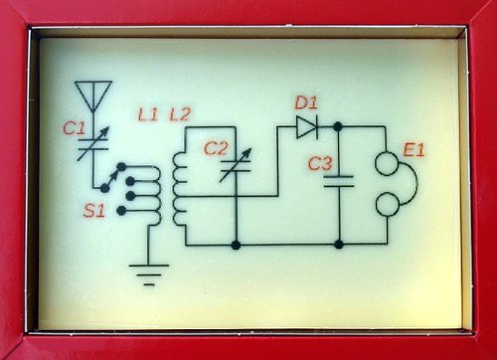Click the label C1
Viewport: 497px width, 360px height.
75,128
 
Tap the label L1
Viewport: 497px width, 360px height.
148,114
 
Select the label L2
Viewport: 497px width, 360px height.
180,114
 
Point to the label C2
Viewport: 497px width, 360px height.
216,148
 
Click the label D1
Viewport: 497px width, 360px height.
306,103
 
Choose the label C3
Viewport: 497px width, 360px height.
320,164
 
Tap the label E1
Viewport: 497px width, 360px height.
414,150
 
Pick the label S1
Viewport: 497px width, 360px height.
94,211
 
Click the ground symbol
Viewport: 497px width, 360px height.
149,274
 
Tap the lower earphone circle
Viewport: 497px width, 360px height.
387,205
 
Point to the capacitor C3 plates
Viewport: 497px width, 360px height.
338,181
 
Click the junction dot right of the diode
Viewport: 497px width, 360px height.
338,126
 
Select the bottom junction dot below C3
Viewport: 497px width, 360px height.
339,245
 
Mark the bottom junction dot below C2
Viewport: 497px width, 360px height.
236,246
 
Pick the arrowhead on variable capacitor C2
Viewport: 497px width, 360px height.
248,153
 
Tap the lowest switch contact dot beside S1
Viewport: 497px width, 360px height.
121,211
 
